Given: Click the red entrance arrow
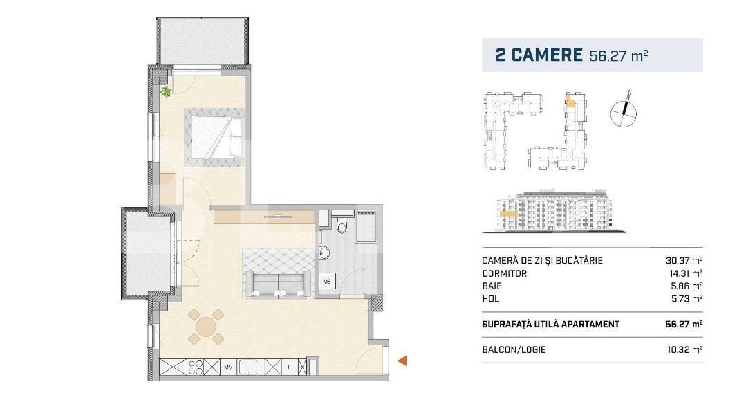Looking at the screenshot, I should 402,360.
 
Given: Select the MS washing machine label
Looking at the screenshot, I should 327,282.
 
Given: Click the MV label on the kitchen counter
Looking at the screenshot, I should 227,368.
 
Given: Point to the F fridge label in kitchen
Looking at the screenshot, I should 289,368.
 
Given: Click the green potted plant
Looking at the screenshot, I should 166,91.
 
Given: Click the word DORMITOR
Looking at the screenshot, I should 505,273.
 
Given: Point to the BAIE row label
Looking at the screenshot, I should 492,286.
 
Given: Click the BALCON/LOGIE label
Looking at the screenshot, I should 514,349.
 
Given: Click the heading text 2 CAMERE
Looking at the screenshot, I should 539,55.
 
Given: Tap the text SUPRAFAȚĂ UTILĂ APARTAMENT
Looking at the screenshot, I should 550,324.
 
